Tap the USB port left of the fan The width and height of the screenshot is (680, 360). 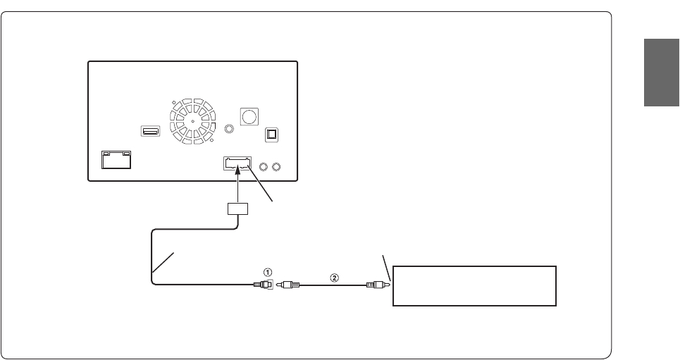(150, 131)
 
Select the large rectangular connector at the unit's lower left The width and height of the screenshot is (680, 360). (116, 161)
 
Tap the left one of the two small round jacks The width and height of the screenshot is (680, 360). (264, 167)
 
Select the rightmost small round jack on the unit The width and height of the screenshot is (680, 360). (277, 167)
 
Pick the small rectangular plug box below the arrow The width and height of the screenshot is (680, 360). (237, 209)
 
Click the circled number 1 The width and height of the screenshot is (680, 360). (267, 271)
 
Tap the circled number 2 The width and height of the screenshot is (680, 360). (335, 277)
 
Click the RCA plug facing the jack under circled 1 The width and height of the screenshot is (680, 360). (290, 285)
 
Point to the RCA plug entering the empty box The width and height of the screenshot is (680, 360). (376, 285)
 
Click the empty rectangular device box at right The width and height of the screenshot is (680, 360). (474, 285)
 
